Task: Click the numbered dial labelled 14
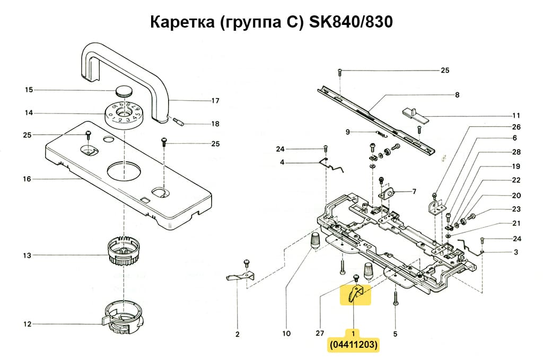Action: point(122,113)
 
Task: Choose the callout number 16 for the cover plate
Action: point(27,179)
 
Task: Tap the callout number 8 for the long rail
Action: point(457,95)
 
